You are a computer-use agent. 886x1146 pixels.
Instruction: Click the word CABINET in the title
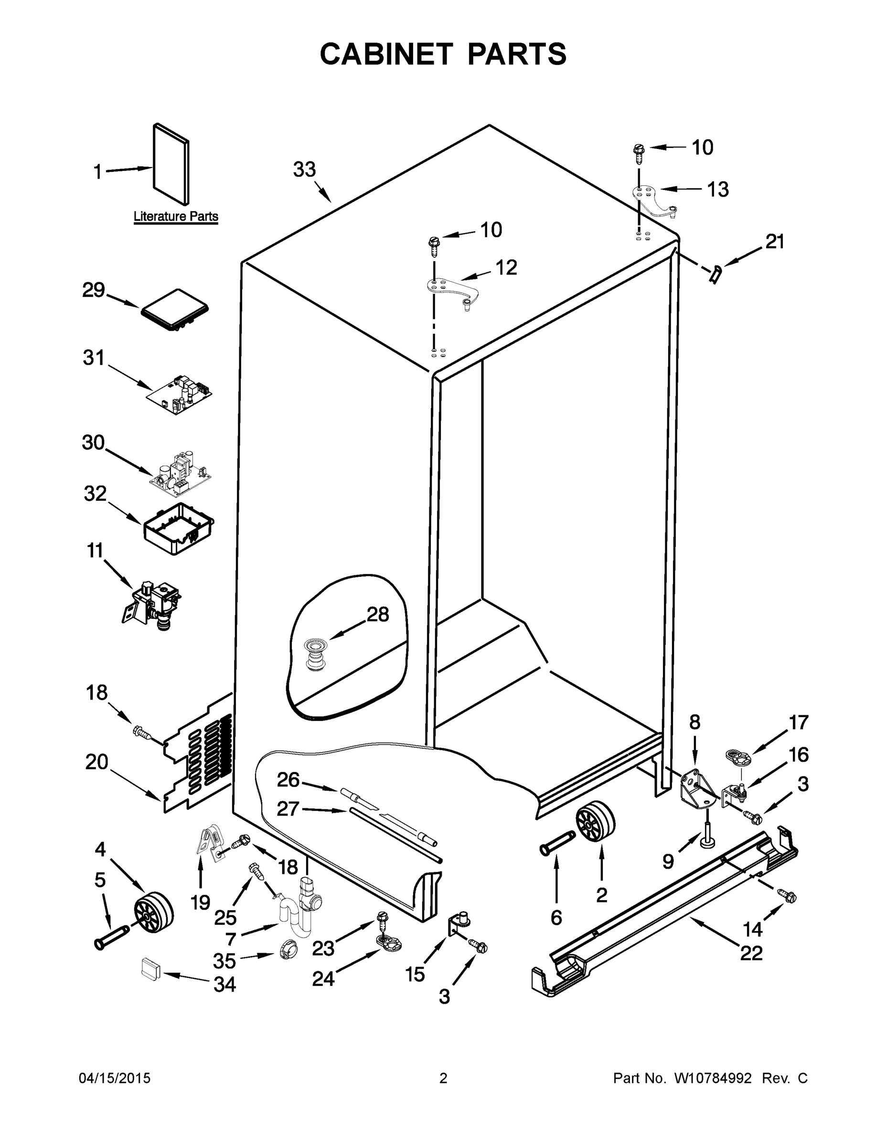tap(386, 54)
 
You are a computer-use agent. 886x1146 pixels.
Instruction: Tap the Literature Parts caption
tap(176, 216)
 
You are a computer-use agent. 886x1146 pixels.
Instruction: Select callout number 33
tap(304, 170)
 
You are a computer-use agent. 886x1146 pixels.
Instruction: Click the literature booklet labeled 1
tap(171, 164)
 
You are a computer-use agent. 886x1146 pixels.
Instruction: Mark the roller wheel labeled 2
tap(595, 823)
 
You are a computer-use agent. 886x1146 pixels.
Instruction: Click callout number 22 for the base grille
tap(750, 953)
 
